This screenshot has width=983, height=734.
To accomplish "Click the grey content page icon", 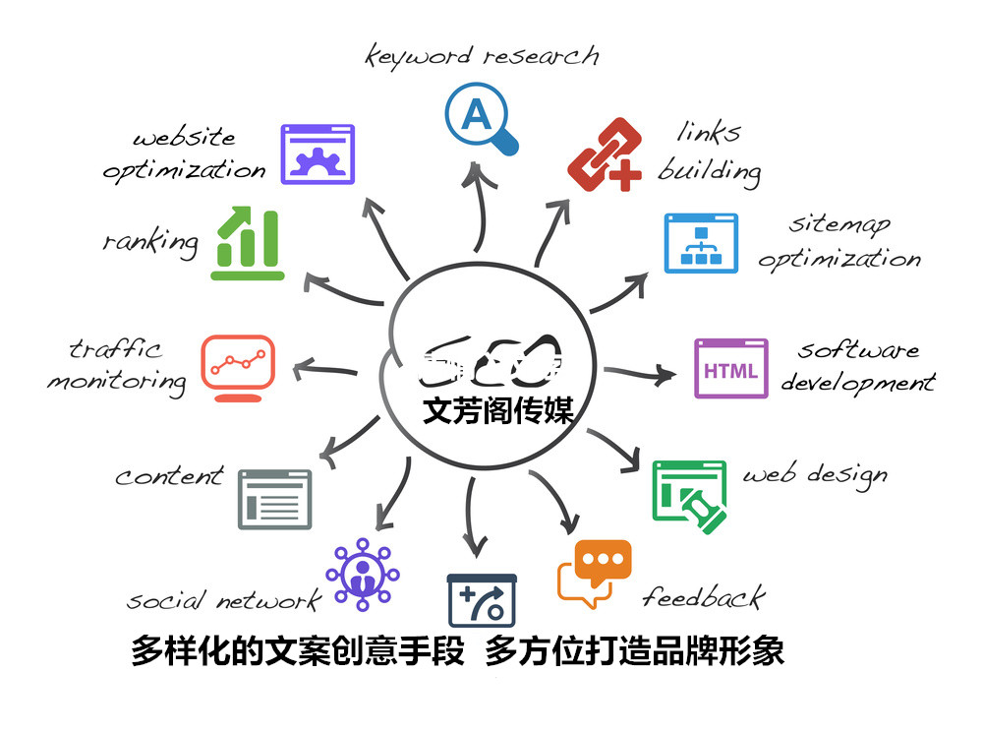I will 274,499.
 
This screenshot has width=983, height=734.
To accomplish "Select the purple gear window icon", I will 318,153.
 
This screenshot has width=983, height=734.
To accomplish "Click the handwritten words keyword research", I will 482,55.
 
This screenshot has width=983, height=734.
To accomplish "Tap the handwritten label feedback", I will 703,596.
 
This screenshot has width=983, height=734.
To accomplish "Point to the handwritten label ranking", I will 150,241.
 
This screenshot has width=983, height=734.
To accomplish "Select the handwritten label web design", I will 814,475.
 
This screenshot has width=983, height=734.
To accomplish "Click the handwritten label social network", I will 224,600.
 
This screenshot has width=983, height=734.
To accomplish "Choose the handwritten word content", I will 169,477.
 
